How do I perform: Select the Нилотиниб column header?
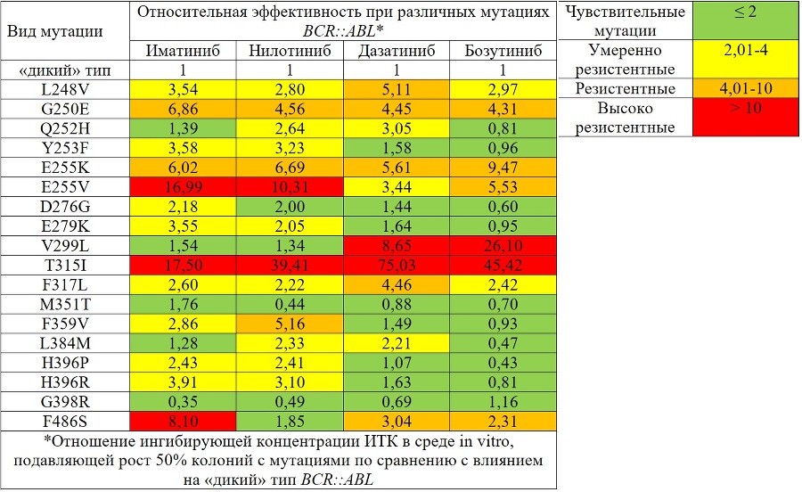pos(289,50)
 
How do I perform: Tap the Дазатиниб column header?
pos(396,50)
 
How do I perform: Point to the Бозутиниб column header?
pos(503,50)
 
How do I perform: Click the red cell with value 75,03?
pos(396,266)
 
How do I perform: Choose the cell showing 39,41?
pos(289,266)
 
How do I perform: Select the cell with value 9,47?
pos(503,168)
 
